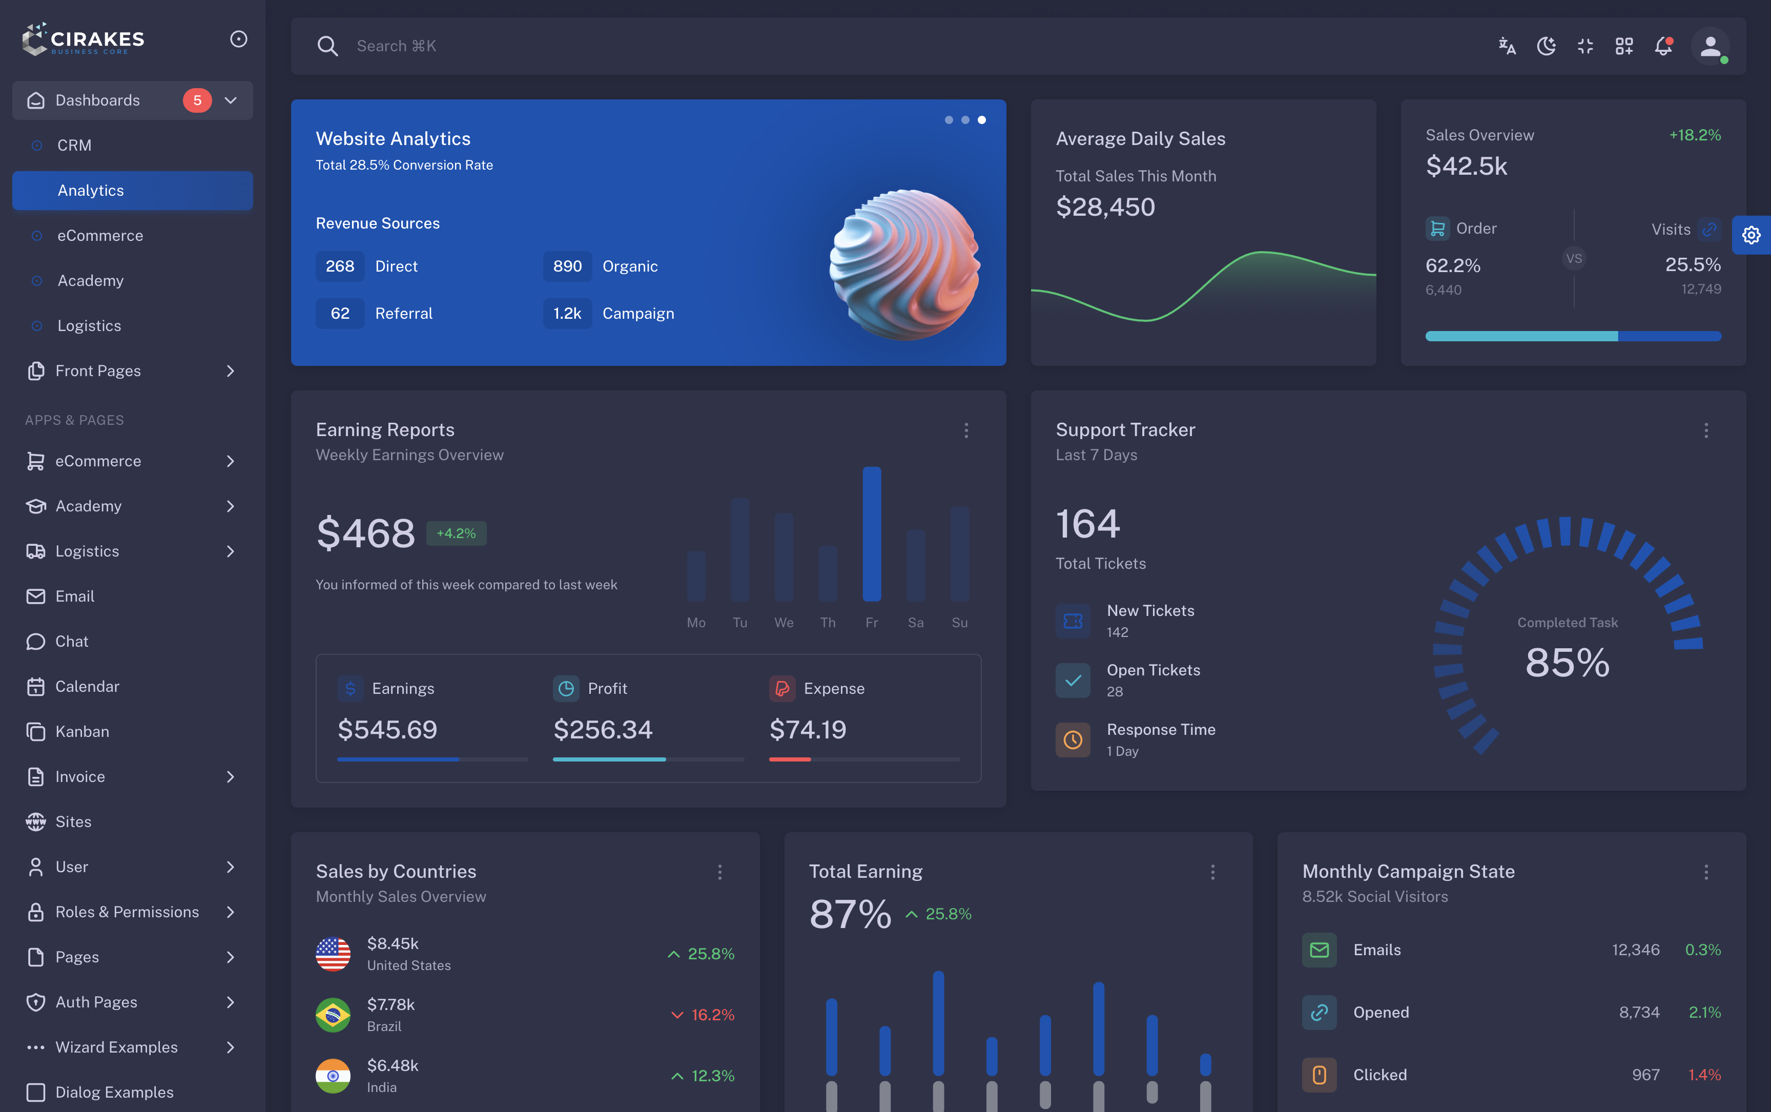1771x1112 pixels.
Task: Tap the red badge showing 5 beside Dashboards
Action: point(197,100)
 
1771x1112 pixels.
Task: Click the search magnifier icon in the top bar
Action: point(327,46)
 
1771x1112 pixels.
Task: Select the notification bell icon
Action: point(1663,46)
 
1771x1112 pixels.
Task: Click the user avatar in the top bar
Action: point(1710,46)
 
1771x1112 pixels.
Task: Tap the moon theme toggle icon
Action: point(1546,46)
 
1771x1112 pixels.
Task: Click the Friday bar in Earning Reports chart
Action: point(872,534)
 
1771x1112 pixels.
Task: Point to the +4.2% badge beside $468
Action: point(456,533)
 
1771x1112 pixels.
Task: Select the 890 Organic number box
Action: point(567,266)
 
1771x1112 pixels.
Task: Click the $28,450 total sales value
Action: point(1105,208)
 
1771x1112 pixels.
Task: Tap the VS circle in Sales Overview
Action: point(1573,259)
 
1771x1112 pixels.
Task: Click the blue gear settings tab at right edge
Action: point(1751,235)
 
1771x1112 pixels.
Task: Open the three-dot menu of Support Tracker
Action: point(1705,430)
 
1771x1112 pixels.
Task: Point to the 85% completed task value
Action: point(1567,662)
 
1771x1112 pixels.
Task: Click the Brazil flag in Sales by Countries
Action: point(333,1015)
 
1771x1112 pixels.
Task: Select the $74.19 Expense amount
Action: point(808,730)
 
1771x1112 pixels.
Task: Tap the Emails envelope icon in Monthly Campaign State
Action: point(1319,950)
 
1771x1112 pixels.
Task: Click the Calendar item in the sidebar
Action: point(87,686)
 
